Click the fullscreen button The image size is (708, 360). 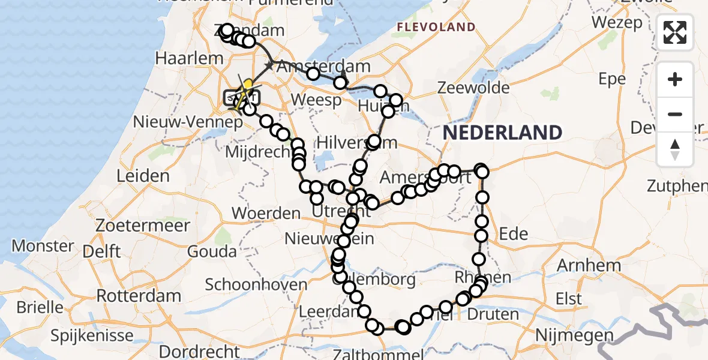click(675, 32)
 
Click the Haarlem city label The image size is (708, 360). click(181, 59)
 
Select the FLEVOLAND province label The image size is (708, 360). click(435, 27)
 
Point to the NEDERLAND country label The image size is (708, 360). click(503, 133)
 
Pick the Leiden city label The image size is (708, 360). click(144, 176)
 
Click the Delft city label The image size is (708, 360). click(103, 252)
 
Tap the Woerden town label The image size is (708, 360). click(266, 213)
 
